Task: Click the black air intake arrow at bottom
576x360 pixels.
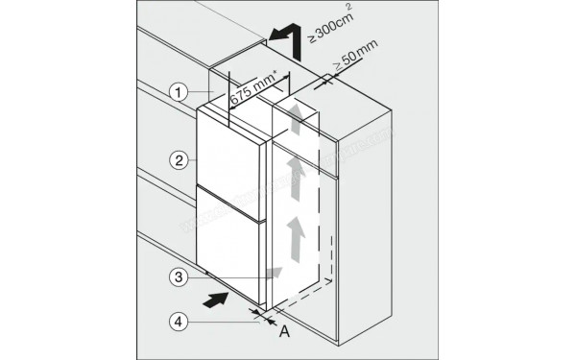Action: [220, 299]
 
